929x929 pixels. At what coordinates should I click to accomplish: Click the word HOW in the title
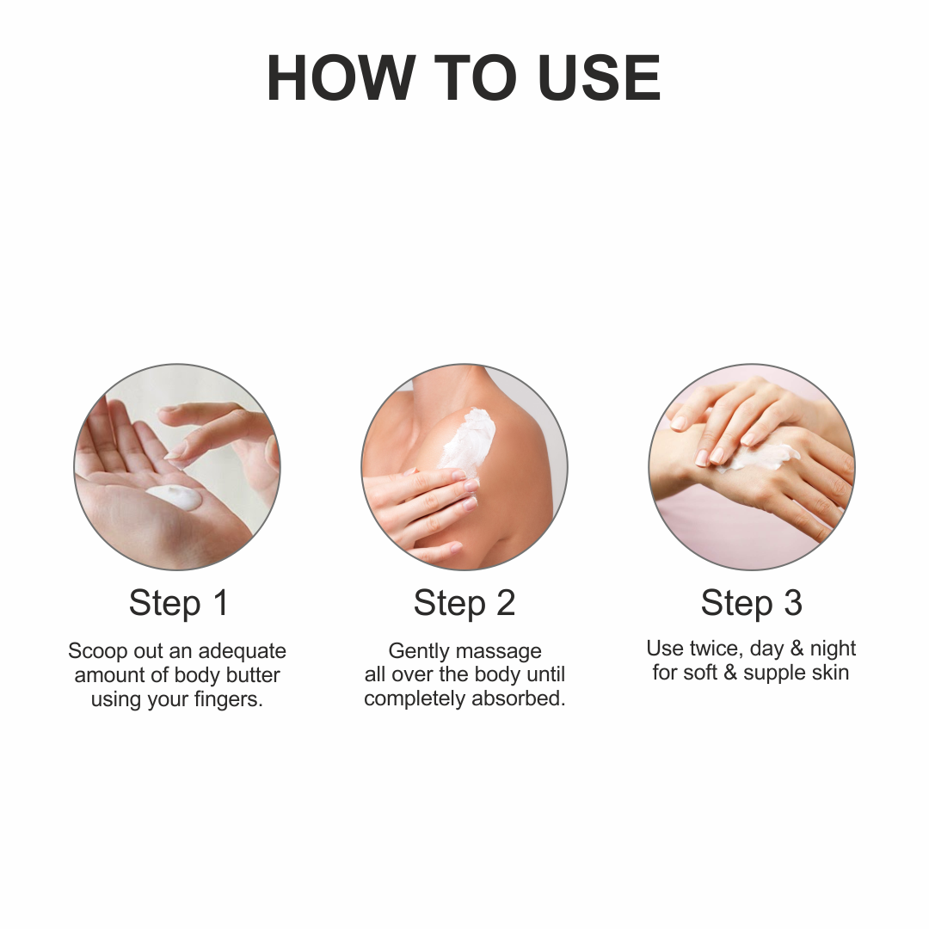coord(341,78)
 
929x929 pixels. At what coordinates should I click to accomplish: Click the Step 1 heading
coord(178,603)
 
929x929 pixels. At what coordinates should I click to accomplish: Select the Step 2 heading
coord(464,603)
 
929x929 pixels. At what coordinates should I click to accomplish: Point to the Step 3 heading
coord(751,603)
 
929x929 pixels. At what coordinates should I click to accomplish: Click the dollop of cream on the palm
coord(174,496)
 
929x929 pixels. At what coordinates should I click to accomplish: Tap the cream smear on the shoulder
coord(470,440)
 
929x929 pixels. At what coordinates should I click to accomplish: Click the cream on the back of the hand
coord(760,458)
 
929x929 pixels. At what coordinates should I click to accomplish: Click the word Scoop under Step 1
coord(98,652)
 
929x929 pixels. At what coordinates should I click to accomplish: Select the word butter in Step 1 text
coord(253,675)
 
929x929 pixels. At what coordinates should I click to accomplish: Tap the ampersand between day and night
coord(797,649)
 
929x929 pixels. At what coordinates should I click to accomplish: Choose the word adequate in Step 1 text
coord(242,652)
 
